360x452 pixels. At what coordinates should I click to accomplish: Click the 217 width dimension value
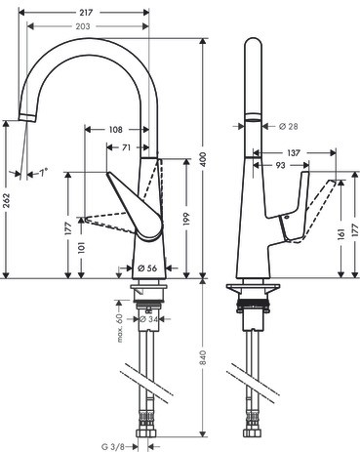click(86, 13)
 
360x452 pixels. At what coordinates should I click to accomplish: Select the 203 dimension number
click(83, 26)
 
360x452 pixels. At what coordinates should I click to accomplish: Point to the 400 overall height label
click(203, 159)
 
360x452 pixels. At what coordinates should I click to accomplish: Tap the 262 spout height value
click(7, 200)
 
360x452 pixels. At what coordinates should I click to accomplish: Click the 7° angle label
click(44, 172)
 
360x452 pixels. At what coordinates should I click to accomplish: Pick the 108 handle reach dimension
click(115, 130)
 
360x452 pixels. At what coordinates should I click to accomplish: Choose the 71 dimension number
click(126, 147)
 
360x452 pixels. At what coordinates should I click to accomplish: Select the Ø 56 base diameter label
click(147, 267)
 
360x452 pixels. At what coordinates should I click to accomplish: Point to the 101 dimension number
click(81, 247)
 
